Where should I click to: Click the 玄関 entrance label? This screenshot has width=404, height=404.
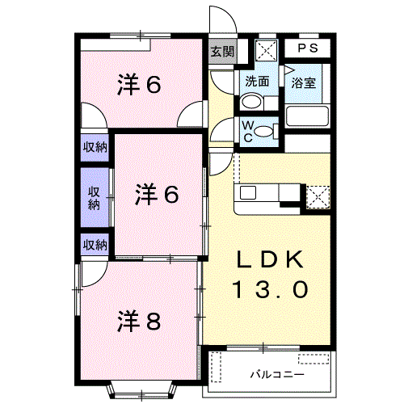222,51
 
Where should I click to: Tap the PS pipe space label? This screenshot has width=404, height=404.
307,48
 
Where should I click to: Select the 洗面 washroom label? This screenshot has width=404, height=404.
257,81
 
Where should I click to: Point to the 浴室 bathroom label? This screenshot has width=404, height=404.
304,82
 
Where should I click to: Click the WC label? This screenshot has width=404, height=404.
248,132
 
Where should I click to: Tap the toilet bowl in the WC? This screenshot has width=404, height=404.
266,132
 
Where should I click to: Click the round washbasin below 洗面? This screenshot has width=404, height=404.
251,102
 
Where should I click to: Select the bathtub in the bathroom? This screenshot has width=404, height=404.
308,116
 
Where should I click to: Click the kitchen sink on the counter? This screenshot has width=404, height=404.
248,192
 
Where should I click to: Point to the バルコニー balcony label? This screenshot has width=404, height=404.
277,375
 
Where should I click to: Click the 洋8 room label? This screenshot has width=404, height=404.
139,321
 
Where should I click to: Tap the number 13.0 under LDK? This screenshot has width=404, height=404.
270,289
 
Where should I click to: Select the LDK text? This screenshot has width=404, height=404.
270,259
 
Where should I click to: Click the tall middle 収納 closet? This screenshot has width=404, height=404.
95,198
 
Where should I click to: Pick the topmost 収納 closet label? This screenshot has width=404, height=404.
95,147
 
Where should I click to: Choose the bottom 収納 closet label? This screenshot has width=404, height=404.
95,245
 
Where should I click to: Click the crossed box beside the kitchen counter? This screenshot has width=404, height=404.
318,196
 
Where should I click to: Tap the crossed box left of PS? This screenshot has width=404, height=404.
266,50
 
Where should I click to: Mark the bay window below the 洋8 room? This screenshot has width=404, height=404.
142,390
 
